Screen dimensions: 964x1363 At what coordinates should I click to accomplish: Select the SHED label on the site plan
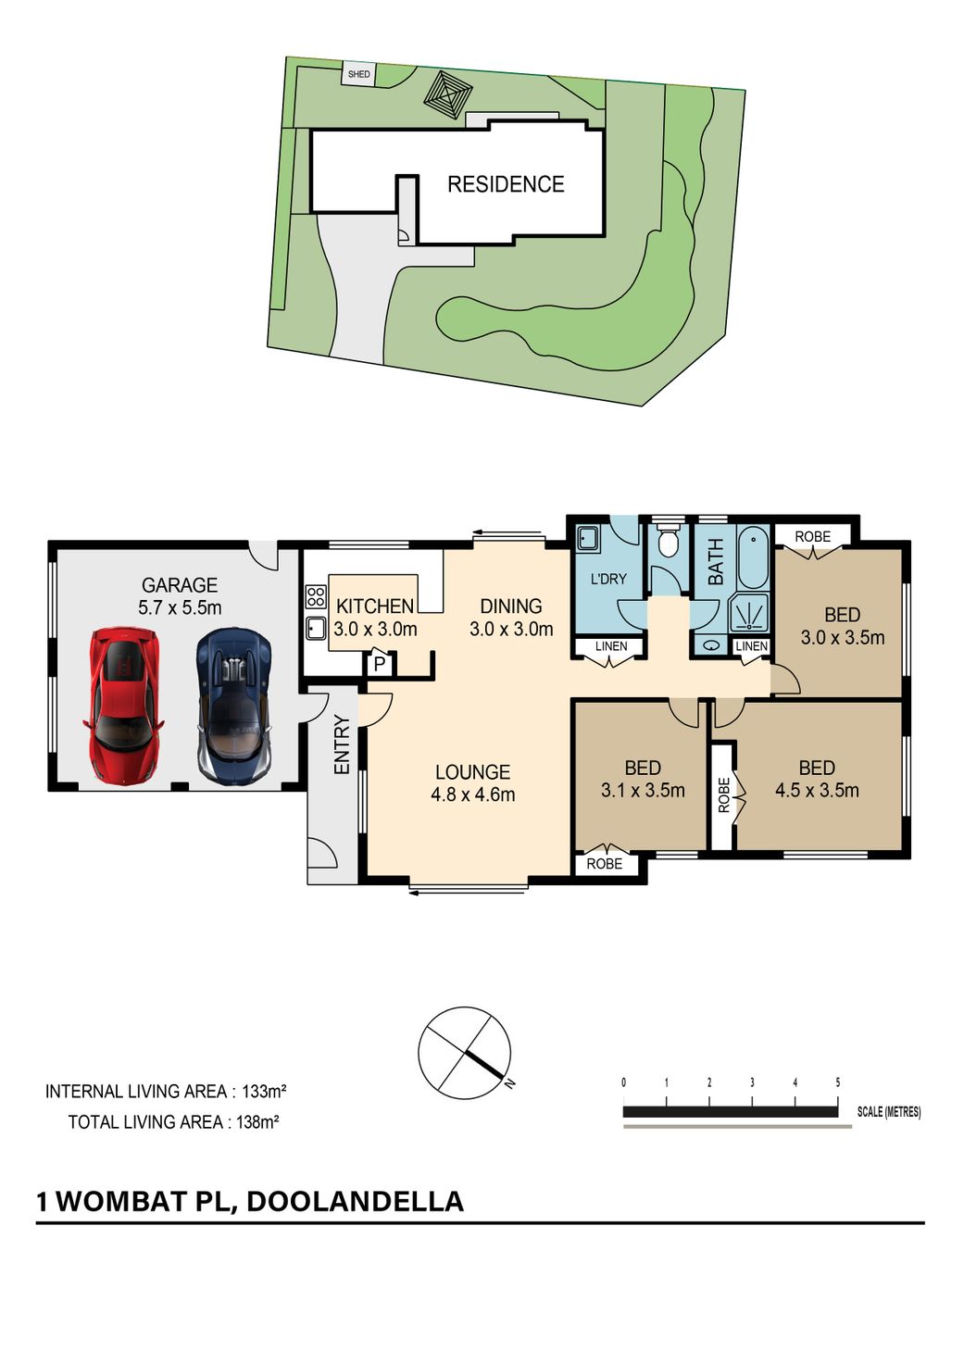tap(358, 74)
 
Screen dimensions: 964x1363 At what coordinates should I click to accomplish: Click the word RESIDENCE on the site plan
tap(506, 184)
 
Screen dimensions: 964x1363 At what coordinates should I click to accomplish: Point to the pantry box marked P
tap(380, 664)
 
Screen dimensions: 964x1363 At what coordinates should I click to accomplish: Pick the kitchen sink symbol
tap(315, 629)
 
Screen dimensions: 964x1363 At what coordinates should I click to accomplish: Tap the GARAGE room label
tap(180, 585)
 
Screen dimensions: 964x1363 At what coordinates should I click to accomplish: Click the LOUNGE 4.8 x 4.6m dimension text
tap(473, 794)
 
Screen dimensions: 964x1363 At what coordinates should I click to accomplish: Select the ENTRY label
tap(343, 744)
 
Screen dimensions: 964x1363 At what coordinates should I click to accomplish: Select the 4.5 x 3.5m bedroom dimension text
tap(817, 791)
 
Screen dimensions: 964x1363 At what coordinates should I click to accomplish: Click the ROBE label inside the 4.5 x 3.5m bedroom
tap(723, 795)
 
